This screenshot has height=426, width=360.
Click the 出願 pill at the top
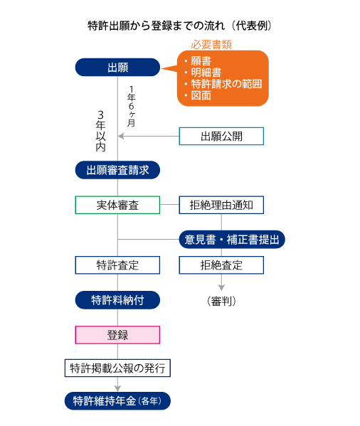click(x=117, y=67)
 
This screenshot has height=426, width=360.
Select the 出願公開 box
click(x=221, y=136)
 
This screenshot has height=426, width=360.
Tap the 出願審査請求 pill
click(x=117, y=170)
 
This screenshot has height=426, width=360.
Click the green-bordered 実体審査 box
click(x=117, y=205)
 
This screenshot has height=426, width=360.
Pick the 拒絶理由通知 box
click(x=221, y=205)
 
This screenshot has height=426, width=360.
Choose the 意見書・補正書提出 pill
click(x=232, y=240)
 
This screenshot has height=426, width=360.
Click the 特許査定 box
click(x=117, y=265)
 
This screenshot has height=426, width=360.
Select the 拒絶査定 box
click(x=221, y=265)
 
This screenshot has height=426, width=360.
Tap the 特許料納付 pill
click(x=117, y=300)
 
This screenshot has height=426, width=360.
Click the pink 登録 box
click(x=117, y=335)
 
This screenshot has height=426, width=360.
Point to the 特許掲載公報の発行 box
click(x=117, y=368)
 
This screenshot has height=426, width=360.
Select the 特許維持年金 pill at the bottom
click(x=117, y=400)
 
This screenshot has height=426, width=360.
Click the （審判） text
click(x=221, y=301)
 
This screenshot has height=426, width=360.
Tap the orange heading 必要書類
click(x=211, y=45)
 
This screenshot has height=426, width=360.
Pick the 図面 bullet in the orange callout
click(x=198, y=95)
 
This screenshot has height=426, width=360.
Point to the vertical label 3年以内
click(x=100, y=131)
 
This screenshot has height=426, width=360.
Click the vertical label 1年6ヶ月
click(x=131, y=106)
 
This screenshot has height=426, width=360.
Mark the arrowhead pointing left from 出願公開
click(x=121, y=136)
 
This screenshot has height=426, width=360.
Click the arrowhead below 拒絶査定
click(x=221, y=288)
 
